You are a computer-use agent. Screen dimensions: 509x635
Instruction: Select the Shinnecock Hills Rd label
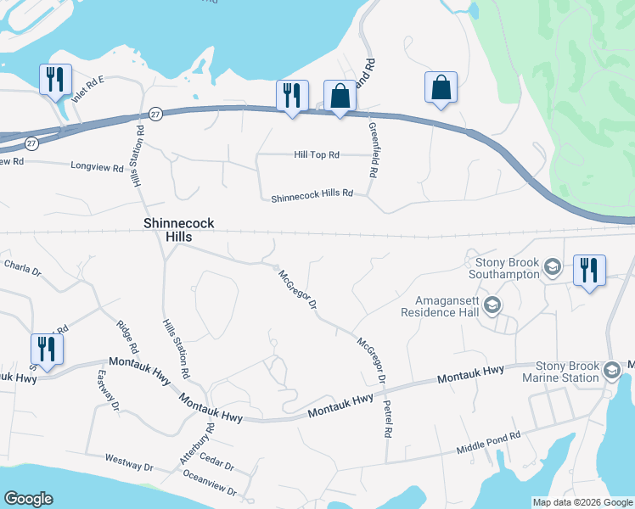(x=312, y=197)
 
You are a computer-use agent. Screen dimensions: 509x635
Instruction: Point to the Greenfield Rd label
(x=373, y=149)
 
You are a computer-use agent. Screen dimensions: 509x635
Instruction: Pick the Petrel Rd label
(x=388, y=418)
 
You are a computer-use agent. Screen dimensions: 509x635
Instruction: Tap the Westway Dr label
(x=128, y=467)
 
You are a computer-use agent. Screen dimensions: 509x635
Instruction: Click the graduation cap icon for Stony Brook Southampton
(x=553, y=268)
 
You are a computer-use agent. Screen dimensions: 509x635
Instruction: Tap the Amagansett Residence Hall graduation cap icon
(x=493, y=305)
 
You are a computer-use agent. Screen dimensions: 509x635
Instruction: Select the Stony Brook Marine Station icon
(x=611, y=370)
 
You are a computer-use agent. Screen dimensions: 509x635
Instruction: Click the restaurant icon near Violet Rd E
(x=55, y=80)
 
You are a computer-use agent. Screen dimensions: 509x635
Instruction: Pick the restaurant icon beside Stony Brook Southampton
(x=589, y=270)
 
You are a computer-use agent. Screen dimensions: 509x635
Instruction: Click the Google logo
(x=28, y=499)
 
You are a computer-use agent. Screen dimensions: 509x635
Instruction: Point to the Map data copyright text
(x=582, y=502)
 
